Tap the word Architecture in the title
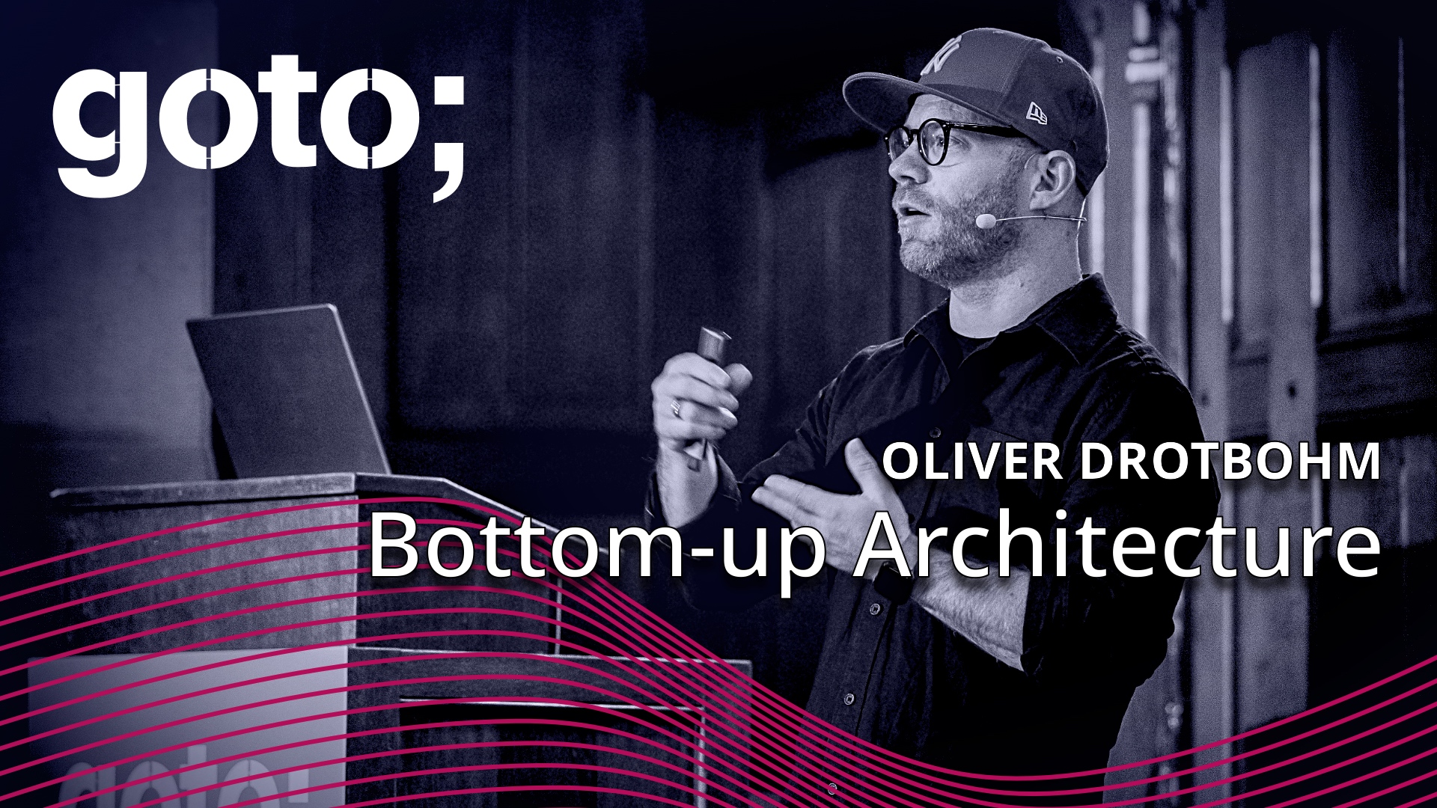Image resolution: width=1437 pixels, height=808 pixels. pos(1115,546)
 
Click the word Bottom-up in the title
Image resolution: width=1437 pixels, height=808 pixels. pos(595,546)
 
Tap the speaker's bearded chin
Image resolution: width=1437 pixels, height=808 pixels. pos(928,258)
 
